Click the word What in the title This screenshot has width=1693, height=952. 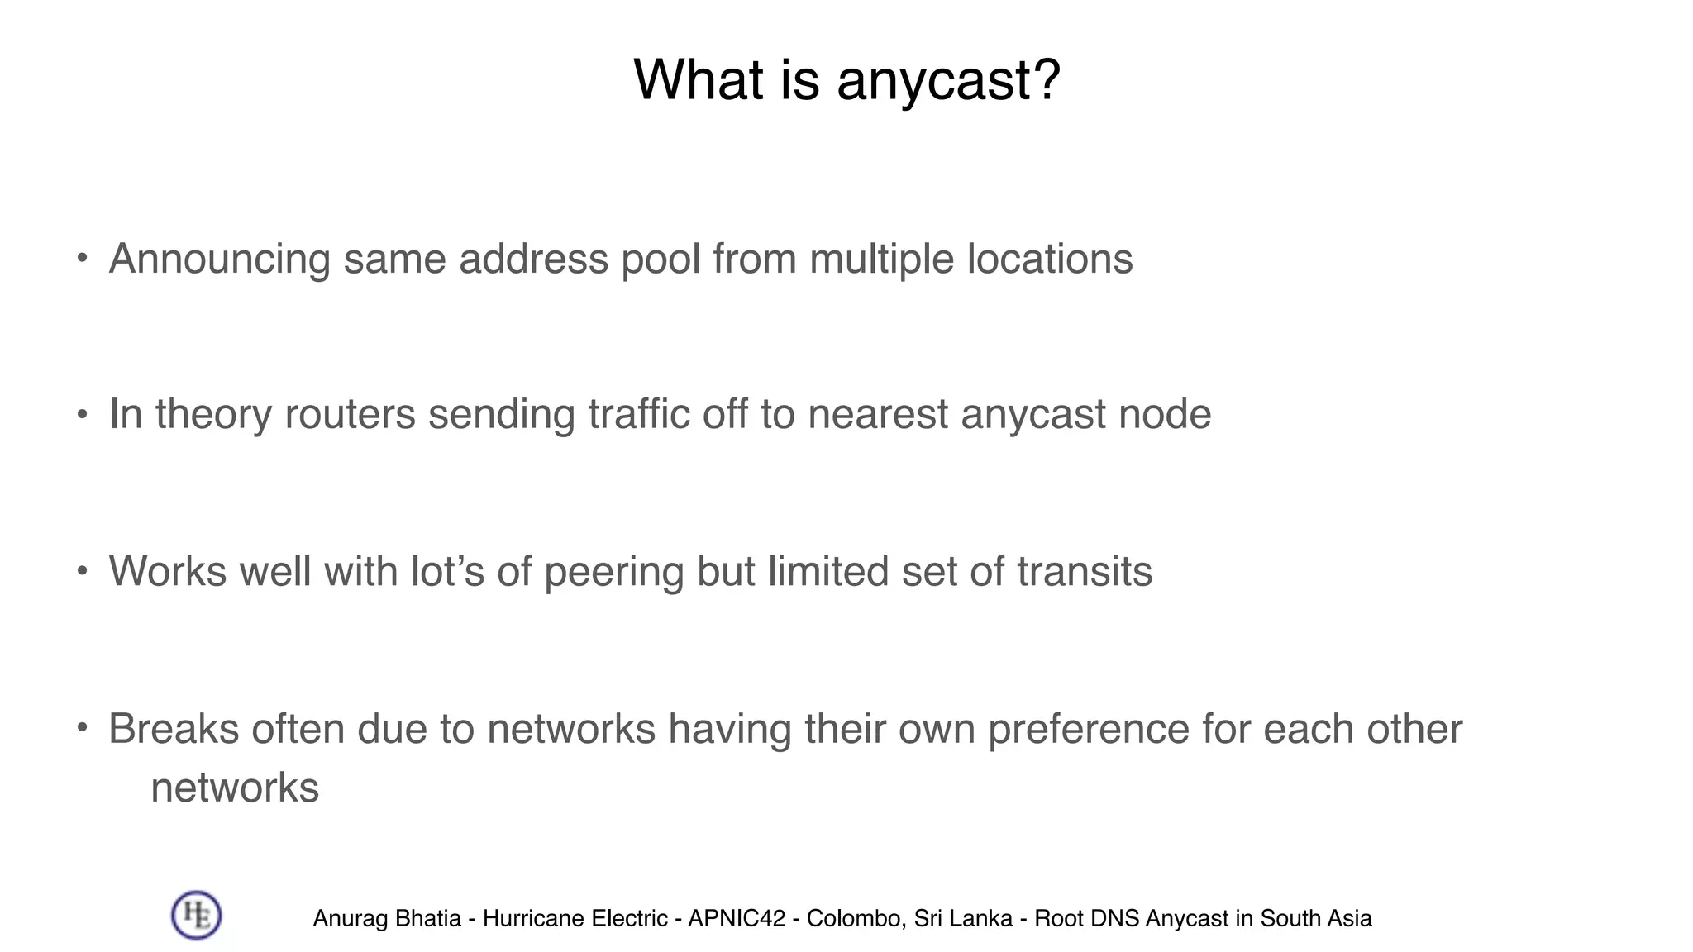tap(698, 80)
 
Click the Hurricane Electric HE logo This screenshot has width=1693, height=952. tap(196, 916)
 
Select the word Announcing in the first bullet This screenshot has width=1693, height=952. tap(219, 259)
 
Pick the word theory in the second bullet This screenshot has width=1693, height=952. tap(213, 415)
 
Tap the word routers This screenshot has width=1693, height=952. tap(350, 415)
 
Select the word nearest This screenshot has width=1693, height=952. tap(878, 415)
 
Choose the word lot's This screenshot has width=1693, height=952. tap(447, 572)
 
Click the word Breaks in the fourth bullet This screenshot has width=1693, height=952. tap(174, 729)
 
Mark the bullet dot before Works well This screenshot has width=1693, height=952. tap(82, 571)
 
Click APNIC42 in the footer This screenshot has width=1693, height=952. tap(737, 919)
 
